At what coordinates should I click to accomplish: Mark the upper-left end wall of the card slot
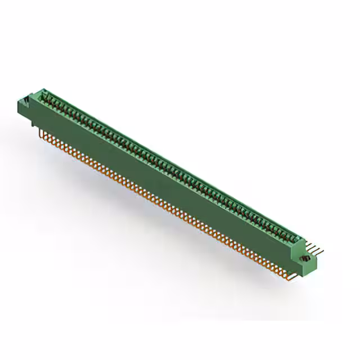(x=43, y=93)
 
